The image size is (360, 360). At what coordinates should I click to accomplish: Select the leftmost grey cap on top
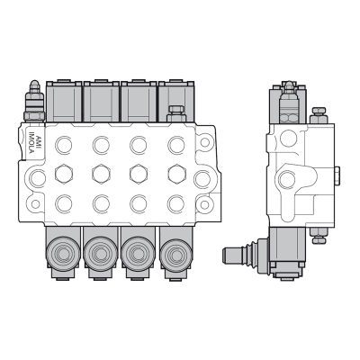point(64,101)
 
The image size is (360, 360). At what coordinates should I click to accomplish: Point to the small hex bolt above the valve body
point(175,114)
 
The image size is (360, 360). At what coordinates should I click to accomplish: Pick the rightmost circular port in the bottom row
point(174,202)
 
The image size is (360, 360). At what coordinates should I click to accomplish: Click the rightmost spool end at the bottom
point(175,254)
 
